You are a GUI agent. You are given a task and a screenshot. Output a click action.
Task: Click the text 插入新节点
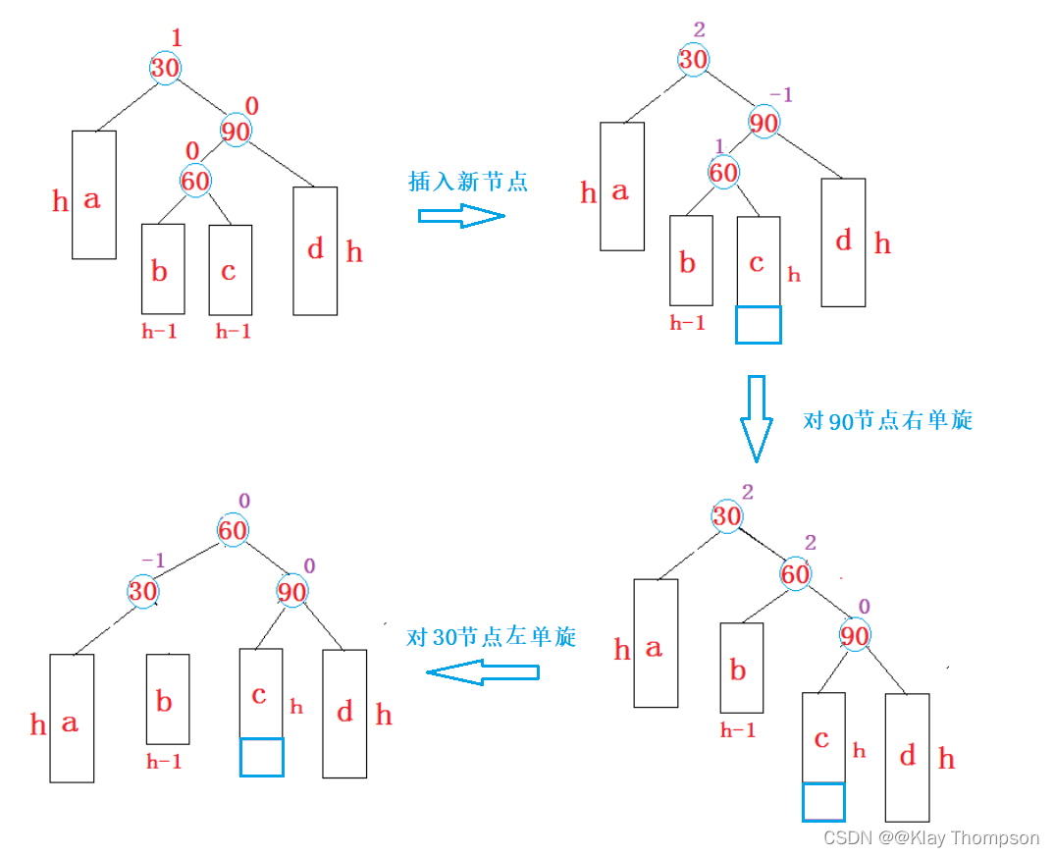pyautogui.click(x=467, y=182)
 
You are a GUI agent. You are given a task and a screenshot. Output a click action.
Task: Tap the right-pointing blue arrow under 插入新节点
pyautogui.click(x=461, y=216)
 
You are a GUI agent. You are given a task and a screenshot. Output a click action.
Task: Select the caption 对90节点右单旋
pyautogui.click(x=887, y=420)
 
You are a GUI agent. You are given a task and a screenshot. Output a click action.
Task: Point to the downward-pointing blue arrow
pyautogui.click(x=756, y=417)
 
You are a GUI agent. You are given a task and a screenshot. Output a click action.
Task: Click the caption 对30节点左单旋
pyautogui.click(x=491, y=637)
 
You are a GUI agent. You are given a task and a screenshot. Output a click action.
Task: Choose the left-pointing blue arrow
pyautogui.click(x=483, y=672)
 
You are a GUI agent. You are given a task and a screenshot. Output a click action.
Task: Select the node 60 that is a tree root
pyautogui.click(x=234, y=531)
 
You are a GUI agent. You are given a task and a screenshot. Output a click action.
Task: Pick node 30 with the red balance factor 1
pyautogui.click(x=165, y=68)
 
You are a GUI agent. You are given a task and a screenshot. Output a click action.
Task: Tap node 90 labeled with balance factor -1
pyautogui.click(x=764, y=123)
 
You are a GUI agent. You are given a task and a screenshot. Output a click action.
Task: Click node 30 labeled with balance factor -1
pyautogui.click(x=143, y=591)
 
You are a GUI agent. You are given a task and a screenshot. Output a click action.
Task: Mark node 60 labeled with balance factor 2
pyautogui.click(x=795, y=573)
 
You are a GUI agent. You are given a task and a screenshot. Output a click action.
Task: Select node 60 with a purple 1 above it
pyautogui.click(x=723, y=173)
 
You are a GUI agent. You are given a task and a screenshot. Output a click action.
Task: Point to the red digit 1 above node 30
pyautogui.click(x=177, y=38)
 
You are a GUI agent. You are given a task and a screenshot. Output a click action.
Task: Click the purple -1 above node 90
pyautogui.click(x=780, y=94)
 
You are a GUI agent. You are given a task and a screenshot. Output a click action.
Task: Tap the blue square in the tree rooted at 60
pyautogui.click(x=261, y=757)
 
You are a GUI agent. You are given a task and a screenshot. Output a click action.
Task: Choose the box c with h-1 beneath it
pyautogui.click(x=230, y=270)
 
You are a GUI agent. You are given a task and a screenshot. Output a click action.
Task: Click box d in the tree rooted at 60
pyautogui.click(x=344, y=713)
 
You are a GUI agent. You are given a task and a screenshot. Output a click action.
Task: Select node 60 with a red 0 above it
pyautogui.click(x=195, y=181)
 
